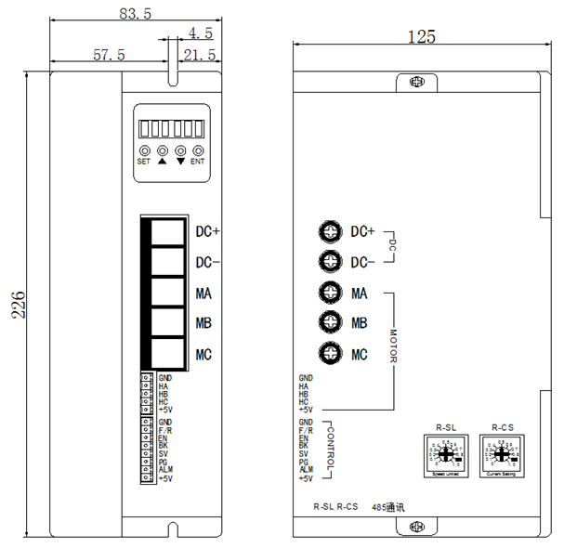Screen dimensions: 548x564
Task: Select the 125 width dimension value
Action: [421, 36]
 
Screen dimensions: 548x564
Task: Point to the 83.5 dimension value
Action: [137, 13]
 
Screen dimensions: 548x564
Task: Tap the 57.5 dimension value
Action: [109, 56]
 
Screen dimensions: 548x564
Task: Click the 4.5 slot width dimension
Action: [200, 33]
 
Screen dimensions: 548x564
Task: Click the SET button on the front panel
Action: [144, 150]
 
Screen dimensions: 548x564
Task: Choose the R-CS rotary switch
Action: [503, 454]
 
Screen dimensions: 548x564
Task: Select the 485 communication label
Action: [389, 507]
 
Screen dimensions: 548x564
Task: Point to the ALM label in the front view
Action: [165, 470]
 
